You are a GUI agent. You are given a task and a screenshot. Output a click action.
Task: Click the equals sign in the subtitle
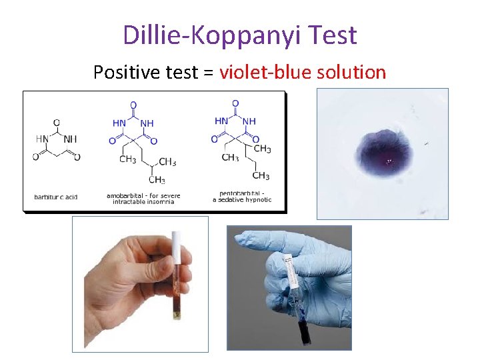208,73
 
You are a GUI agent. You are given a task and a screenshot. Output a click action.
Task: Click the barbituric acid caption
56,197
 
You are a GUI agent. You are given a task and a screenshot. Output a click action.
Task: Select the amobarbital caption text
143,199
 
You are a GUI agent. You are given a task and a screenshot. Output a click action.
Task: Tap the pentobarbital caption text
242,197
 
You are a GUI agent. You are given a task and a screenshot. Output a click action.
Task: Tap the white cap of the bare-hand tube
177,247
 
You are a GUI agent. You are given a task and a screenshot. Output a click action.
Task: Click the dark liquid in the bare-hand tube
177,303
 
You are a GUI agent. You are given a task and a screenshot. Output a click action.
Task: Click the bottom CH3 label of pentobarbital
261,176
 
